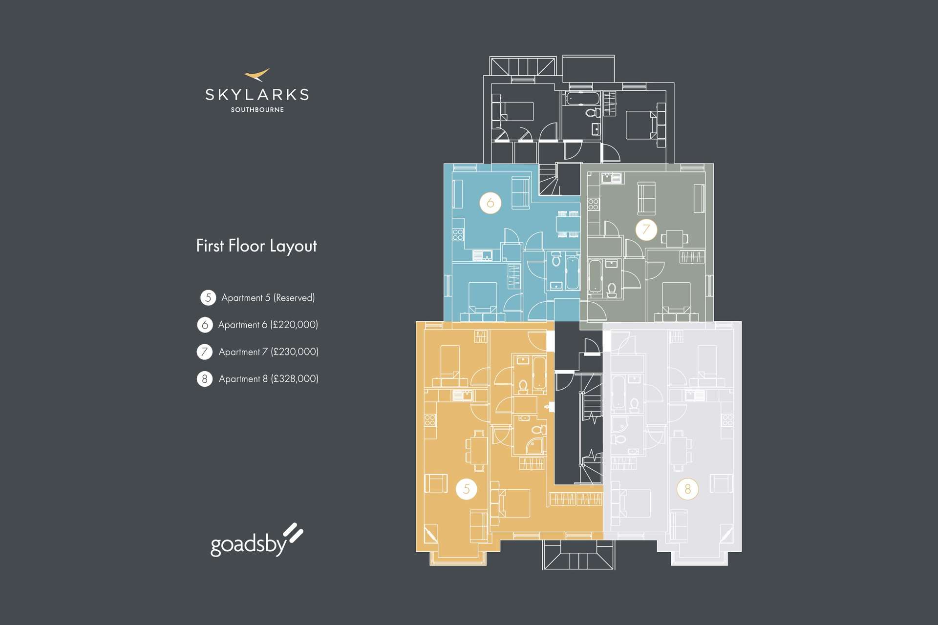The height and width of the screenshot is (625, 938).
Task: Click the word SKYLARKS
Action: tap(257, 95)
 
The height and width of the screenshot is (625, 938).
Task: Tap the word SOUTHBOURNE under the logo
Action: tap(257, 110)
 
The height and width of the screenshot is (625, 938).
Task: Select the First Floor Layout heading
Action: tap(256, 246)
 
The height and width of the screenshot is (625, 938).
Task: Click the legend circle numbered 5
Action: tap(208, 297)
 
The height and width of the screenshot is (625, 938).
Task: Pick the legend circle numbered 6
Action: tap(205, 325)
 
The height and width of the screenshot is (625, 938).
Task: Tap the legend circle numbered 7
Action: tap(205, 352)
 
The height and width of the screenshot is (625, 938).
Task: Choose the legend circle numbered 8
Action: tap(205, 378)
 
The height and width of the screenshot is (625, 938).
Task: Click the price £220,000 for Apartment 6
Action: tap(294, 325)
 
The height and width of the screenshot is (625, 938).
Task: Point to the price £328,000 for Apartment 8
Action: tap(295, 379)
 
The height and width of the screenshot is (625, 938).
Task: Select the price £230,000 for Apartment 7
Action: tap(295, 352)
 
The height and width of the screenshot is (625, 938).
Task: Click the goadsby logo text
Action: tap(248, 544)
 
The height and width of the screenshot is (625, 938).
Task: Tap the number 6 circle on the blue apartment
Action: tap(490, 203)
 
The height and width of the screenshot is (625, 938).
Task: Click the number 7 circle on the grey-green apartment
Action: tap(646, 229)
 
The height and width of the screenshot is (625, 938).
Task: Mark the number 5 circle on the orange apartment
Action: tap(467, 489)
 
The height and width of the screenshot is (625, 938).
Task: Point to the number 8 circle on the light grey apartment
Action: tap(688, 489)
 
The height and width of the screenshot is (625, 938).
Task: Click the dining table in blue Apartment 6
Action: tap(568, 224)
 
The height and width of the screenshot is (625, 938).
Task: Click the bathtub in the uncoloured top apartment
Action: tap(583, 99)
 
